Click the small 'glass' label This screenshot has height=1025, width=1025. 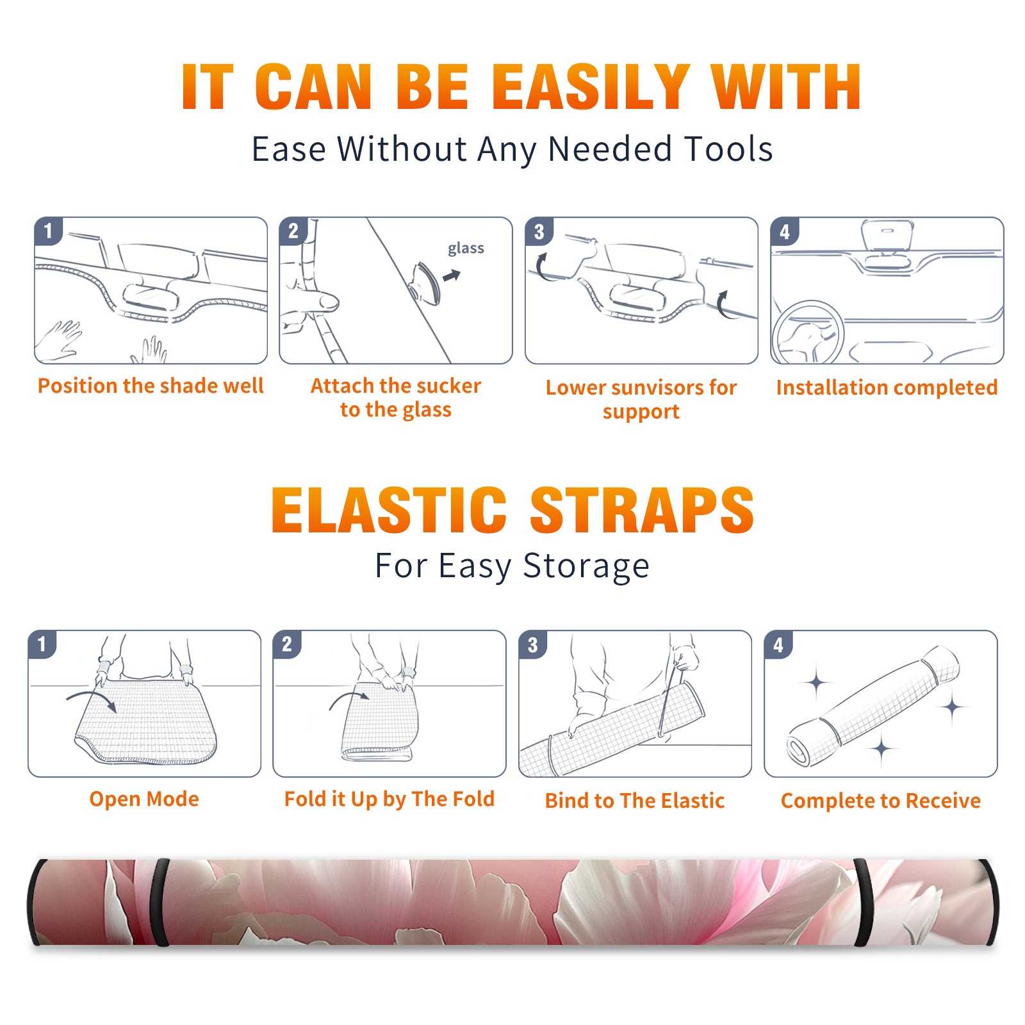466,249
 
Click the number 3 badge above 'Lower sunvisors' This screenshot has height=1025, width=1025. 539,231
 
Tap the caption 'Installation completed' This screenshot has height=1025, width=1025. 887,388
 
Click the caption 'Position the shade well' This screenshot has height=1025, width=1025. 151,386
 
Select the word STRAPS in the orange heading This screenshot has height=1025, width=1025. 642,510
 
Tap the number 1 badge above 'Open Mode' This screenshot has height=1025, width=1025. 42,644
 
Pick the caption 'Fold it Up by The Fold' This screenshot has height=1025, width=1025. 389,799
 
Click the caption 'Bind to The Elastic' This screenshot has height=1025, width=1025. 635,801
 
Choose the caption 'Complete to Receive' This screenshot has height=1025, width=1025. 881,801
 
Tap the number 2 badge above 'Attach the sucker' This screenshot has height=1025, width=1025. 293,231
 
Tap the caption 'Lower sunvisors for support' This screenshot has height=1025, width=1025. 641,399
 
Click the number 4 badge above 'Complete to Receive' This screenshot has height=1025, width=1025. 778,645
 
